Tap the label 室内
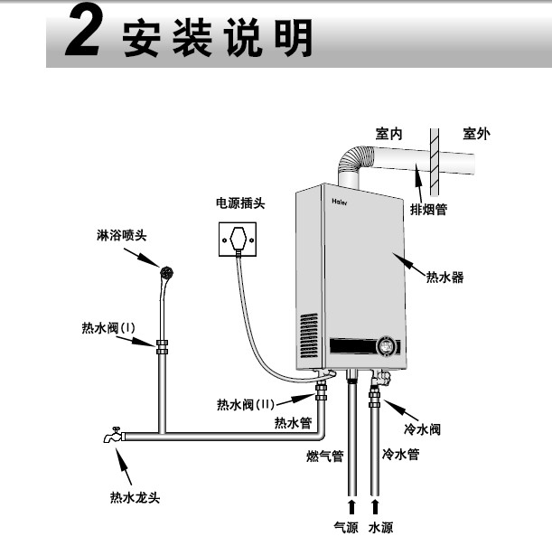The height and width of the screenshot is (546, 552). point(389,134)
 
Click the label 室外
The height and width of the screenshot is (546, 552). point(476,134)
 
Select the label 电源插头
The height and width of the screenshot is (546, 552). point(239,203)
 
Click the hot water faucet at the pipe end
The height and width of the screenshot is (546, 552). point(112,436)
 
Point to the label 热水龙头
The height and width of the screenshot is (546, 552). point(135,497)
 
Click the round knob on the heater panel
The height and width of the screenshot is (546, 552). point(387,346)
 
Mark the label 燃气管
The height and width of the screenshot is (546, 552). point(324,456)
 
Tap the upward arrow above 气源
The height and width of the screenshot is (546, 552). point(351,502)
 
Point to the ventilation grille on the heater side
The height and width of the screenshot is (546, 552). point(310,334)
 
